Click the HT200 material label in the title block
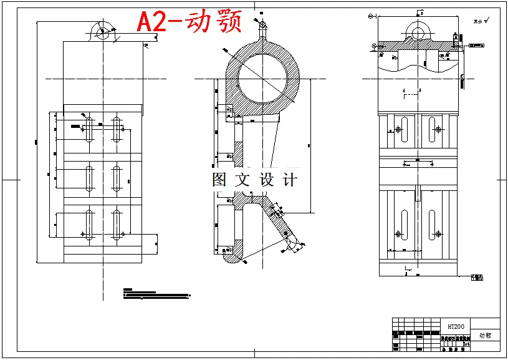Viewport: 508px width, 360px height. [x=456, y=327]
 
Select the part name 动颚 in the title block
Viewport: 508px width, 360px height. [x=486, y=335]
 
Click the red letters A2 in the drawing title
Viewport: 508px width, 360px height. [x=153, y=22]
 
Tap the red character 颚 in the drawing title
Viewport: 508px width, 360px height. [x=228, y=22]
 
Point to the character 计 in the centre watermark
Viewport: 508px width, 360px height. [x=290, y=180]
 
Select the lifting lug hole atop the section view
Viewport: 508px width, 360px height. [x=262, y=26]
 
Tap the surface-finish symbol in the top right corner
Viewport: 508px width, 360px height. [x=482, y=21]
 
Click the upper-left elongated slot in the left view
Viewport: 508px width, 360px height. [x=89, y=129]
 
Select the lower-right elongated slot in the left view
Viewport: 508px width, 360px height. [x=117, y=226]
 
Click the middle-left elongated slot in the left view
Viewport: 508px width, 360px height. [x=89, y=177]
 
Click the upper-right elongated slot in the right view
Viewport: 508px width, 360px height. [x=433, y=129]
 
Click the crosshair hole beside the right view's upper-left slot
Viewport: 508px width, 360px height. [x=396, y=130]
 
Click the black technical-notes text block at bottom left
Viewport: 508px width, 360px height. [x=156, y=294]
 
